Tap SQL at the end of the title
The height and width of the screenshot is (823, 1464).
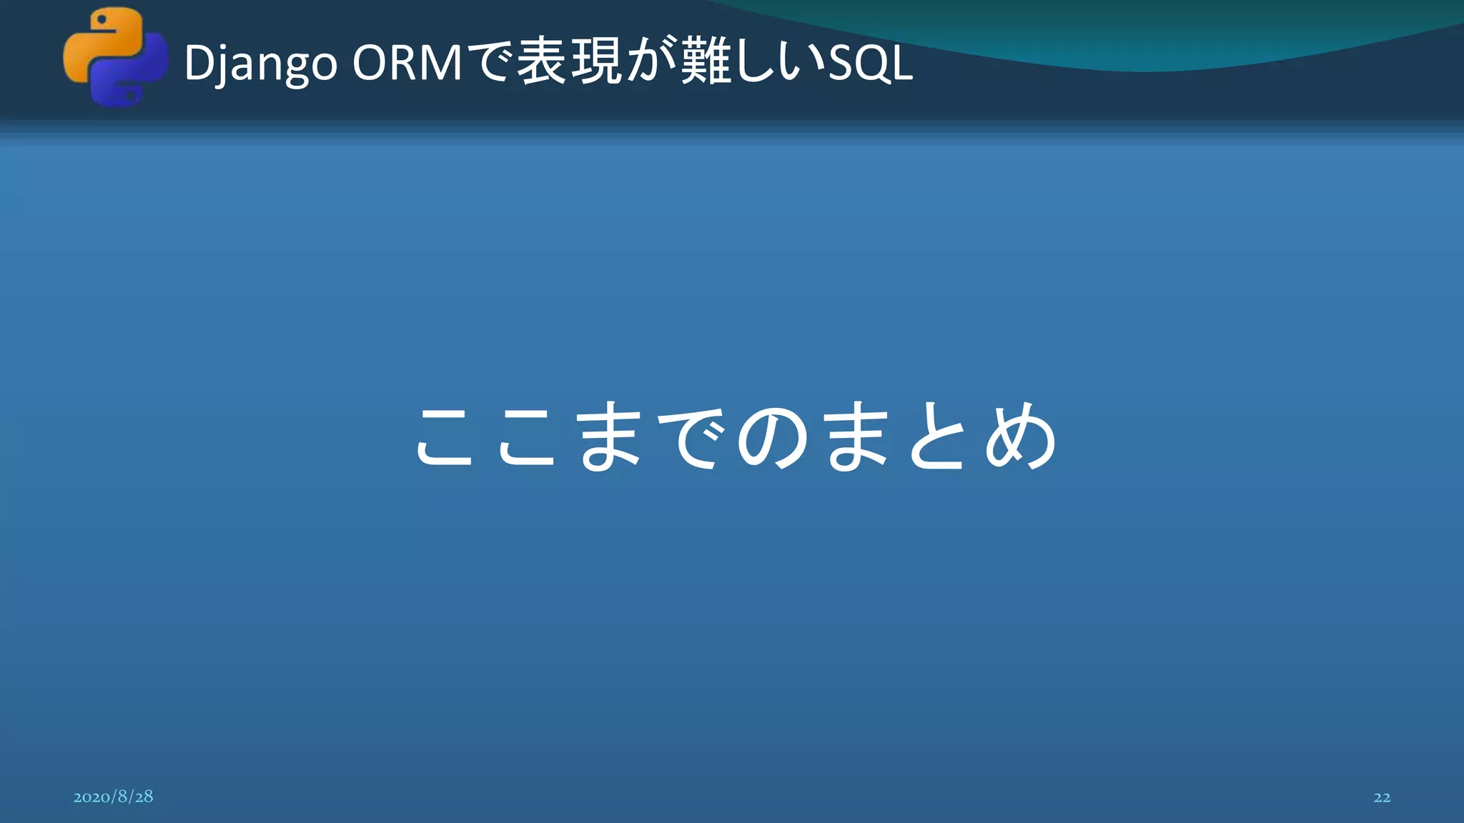(870, 63)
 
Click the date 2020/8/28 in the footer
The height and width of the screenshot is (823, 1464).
(113, 797)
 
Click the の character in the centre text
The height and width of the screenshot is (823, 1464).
(773, 437)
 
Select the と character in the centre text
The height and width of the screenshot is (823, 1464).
(939, 437)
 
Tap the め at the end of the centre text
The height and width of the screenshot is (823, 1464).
(1021, 437)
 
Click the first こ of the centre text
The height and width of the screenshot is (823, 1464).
(445, 437)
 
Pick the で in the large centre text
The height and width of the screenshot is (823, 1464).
(691, 437)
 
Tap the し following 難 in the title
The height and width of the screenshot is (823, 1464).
(753, 63)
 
